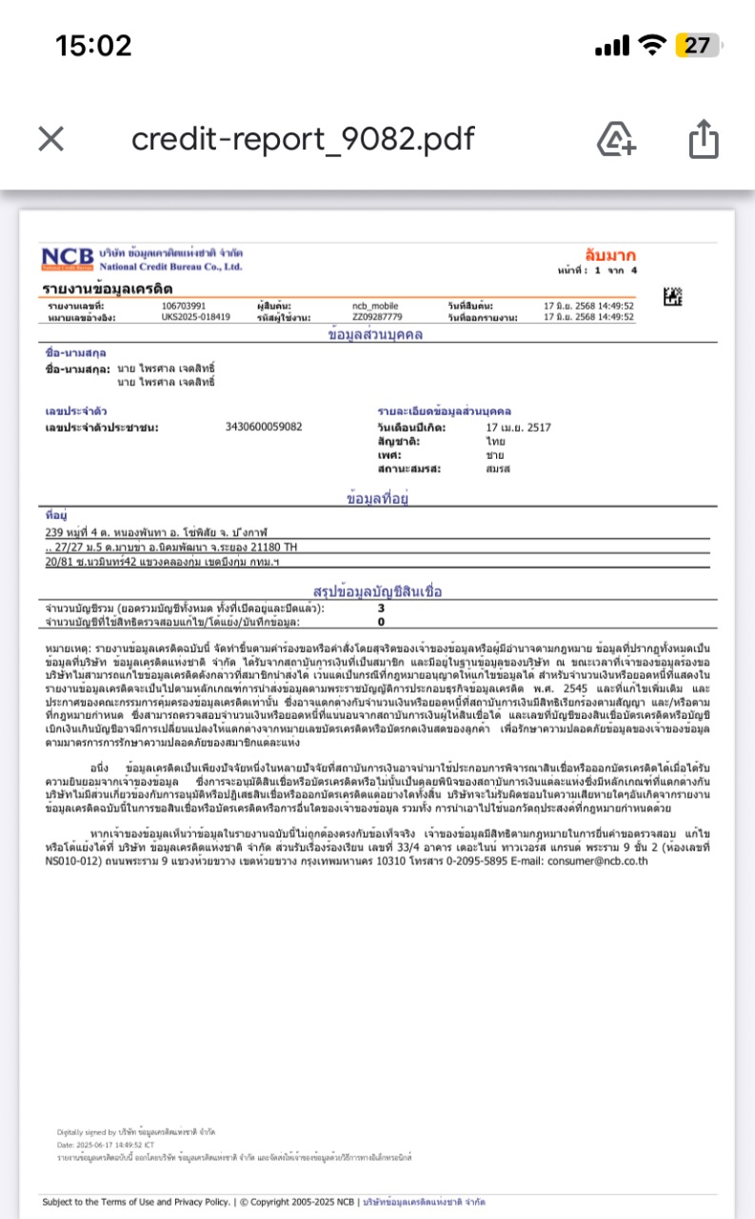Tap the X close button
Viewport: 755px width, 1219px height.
point(50,140)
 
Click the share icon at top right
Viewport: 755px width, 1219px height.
point(704,139)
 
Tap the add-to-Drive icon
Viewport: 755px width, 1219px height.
point(616,139)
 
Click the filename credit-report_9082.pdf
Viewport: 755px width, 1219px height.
point(303,139)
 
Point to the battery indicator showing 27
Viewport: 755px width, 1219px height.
point(696,45)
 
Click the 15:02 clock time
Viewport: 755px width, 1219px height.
point(93,45)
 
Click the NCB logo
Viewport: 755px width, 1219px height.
point(68,258)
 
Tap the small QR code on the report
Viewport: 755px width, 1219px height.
point(674,296)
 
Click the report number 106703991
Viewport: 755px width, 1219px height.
point(184,305)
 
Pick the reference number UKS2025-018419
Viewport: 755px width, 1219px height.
point(196,316)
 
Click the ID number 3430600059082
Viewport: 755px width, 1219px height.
point(264,427)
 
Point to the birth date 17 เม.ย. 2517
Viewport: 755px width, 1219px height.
point(519,429)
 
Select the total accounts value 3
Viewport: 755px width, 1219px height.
point(382,608)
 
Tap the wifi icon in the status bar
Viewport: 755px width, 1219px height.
point(652,45)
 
